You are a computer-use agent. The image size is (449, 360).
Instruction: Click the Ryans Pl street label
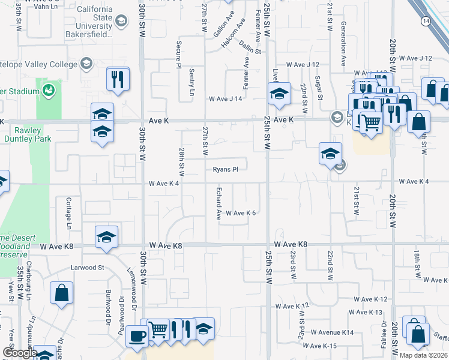(226, 169)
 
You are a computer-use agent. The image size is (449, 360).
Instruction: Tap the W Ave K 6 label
(241, 213)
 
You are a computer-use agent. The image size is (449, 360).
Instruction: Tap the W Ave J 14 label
(225, 99)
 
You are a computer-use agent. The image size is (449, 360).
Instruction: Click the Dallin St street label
(250, 47)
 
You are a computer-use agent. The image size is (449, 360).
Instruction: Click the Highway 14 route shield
(426, 21)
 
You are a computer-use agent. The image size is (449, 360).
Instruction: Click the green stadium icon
(49, 91)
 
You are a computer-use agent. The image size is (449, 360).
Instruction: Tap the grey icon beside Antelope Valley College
(87, 64)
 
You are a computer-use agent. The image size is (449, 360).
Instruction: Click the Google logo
(19, 353)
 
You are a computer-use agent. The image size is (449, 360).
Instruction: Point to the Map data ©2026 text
(423, 355)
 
